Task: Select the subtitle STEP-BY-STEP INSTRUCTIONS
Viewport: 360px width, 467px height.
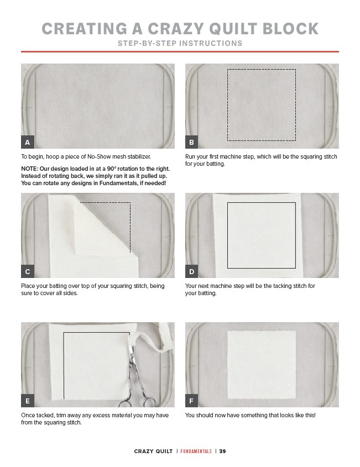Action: point(180,44)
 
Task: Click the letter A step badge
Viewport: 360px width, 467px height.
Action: point(28,143)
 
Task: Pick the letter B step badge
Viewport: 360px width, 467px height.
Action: point(192,143)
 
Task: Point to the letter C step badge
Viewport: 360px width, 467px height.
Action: point(28,271)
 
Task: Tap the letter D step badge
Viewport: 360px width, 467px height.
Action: point(192,271)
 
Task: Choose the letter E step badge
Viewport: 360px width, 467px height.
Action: point(28,401)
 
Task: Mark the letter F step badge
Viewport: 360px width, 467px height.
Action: point(192,401)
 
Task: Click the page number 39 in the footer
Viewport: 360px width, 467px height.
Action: point(223,451)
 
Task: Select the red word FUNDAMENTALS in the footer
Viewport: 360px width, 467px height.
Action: point(196,451)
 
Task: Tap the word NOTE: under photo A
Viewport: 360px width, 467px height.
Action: point(29,169)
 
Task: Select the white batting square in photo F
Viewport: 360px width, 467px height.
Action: point(262,365)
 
